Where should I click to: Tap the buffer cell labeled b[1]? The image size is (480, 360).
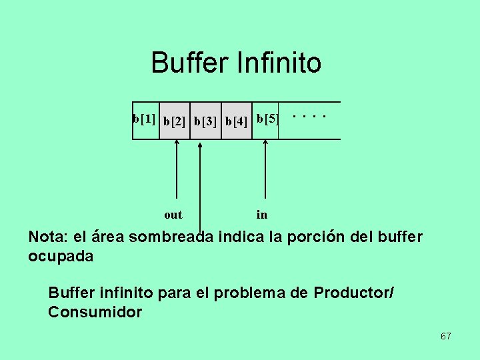coord(145,120)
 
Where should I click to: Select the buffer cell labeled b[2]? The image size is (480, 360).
coord(175,121)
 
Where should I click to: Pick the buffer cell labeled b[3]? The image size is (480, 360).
coord(205,121)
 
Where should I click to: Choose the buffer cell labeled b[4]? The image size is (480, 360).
coord(237,121)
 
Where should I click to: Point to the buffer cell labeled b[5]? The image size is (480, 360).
coord(266,120)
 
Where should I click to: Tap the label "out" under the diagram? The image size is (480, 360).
coord(173,215)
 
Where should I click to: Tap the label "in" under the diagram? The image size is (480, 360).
coord(262,215)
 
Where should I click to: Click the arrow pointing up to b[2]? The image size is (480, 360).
coord(176,173)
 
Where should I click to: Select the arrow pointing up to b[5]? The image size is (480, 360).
coord(265,173)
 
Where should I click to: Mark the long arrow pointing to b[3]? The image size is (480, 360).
coord(201,187)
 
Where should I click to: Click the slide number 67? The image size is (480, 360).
coord(445,336)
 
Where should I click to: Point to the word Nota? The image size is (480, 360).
coord(47,237)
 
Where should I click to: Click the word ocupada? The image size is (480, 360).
coord(61,256)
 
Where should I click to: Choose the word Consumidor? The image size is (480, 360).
coord(95,312)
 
